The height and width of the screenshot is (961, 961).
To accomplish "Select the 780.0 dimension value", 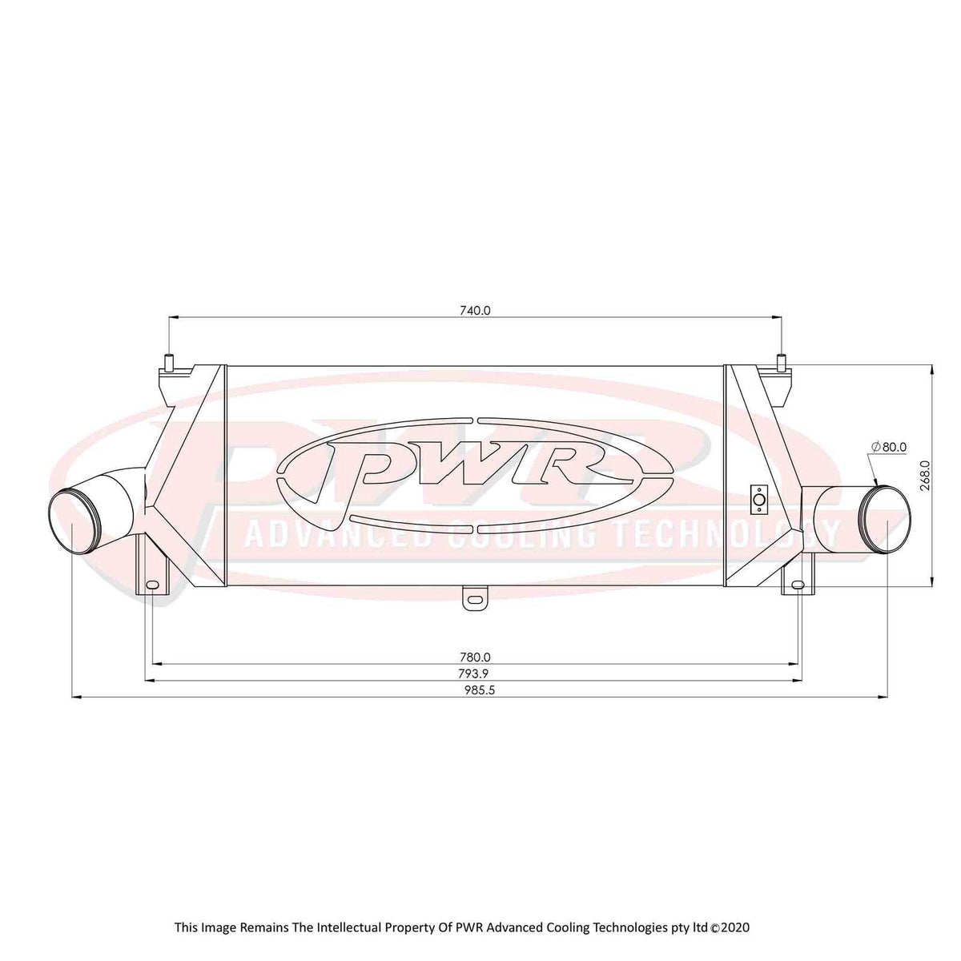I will [x=475, y=657].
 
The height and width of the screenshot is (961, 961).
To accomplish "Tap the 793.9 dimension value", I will [x=475, y=674].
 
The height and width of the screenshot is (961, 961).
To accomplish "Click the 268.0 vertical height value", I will [x=925, y=475].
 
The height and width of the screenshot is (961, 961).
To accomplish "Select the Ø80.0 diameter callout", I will [x=889, y=447].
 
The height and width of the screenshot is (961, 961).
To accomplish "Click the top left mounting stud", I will [x=168, y=361].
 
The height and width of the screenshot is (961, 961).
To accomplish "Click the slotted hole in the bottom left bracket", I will [x=152, y=585].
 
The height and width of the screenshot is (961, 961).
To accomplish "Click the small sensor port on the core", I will [x=758, y=501].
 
